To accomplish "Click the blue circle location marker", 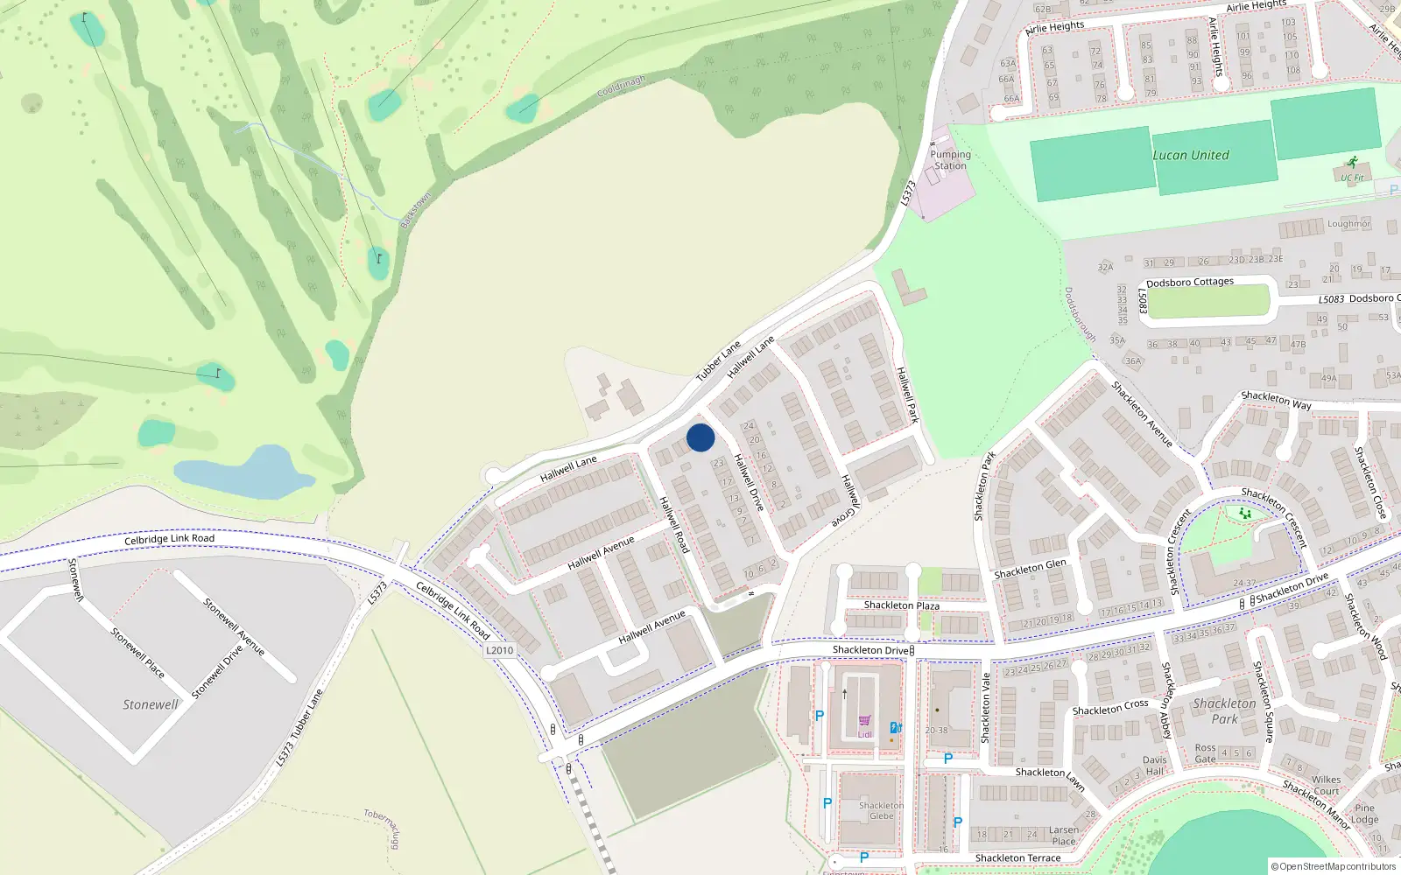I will coord(700,437).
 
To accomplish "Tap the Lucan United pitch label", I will coord(1191,155).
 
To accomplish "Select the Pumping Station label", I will coord(951,160).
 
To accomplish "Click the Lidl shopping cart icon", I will coord(865,721).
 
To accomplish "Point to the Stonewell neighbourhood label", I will coord(150,704).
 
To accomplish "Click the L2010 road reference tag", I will coord(499,650).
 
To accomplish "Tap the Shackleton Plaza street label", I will coord(901,605).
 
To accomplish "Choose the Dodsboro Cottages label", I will coord(1190,283).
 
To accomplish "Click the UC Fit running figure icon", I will coord(1353,163).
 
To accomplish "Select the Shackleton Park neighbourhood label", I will coord(1224,710).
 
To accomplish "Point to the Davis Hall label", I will coord(1154,766).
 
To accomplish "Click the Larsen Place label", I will coord(1064,836).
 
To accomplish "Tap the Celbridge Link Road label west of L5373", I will coord(169,539).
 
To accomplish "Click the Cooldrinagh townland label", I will coord(621,87).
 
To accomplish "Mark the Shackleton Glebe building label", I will coord(881,810).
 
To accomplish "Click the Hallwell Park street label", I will coord(907,395).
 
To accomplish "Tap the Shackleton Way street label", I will coord(1276,401).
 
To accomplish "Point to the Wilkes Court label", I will coord(1326,785).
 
